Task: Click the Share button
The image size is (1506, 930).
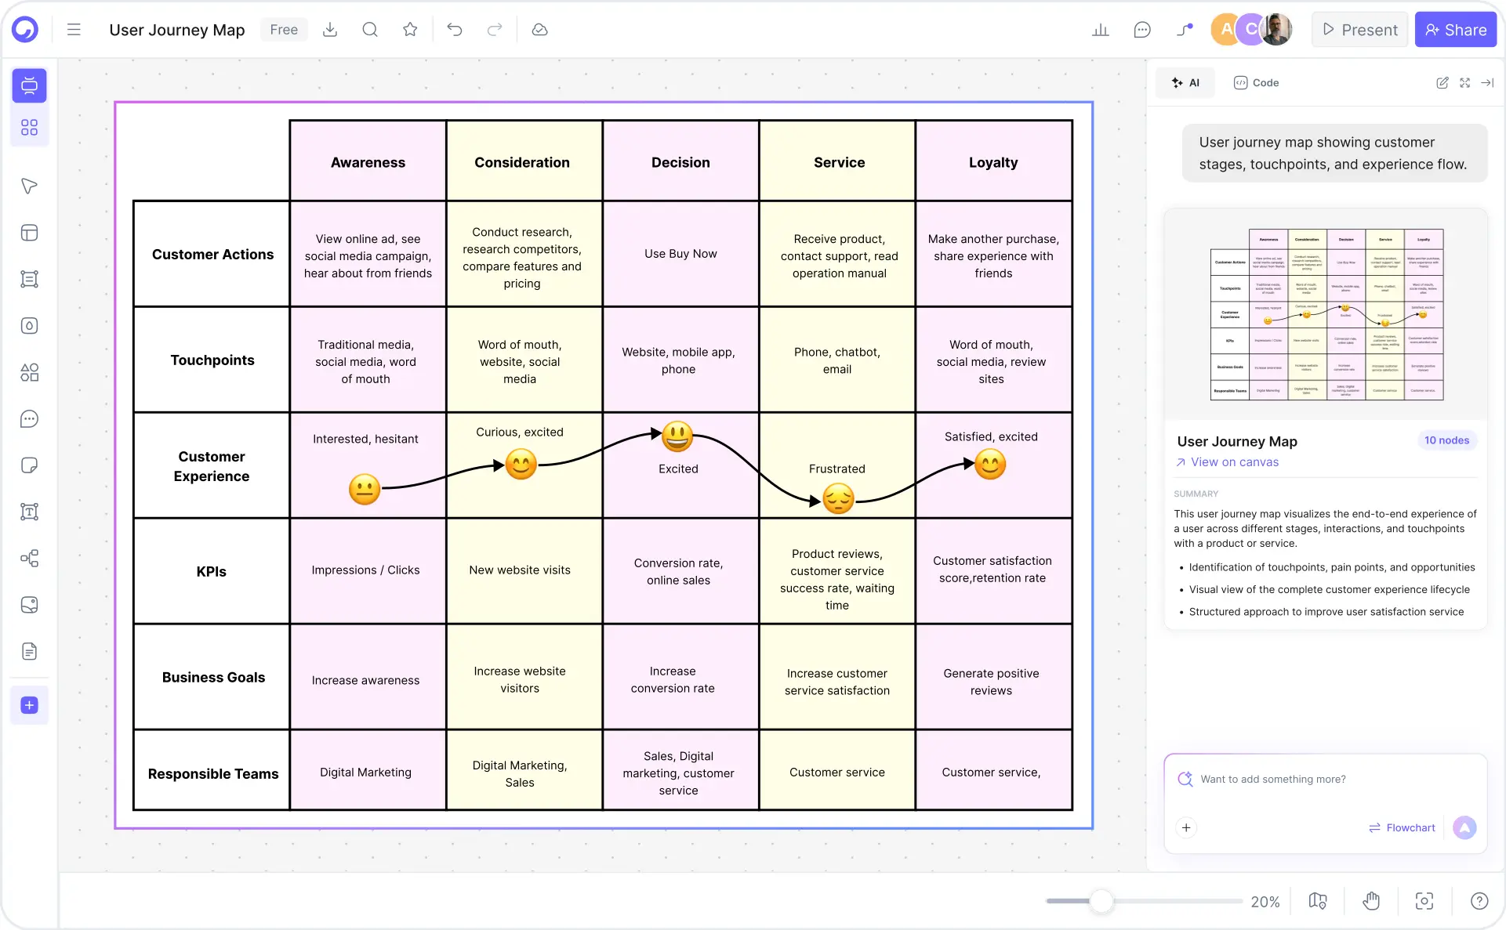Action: pos(1455,30)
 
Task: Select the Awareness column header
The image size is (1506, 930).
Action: pos(368,162)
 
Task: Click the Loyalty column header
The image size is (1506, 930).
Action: pos(993,162)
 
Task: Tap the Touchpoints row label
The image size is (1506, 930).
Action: pos(212,360)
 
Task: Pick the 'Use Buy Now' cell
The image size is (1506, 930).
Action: pos(680,254)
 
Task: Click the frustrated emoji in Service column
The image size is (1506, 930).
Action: pos(838,499)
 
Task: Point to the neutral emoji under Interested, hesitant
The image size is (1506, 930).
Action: pos(365,490)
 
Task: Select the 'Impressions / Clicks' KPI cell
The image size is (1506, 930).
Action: pos(365,570)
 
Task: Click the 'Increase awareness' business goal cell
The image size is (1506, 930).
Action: pos(365,680)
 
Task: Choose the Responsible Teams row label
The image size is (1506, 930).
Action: pos(212,774)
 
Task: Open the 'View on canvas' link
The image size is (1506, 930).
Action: pos(1234,462)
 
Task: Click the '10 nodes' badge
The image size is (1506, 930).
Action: pos(1446,440)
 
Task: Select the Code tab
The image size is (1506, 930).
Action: pos(1257,83)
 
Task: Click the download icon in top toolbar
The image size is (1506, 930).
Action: pos(330,30)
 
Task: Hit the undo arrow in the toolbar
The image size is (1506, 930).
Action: pos(455,30)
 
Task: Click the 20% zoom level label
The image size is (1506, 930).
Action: pos(1265,902)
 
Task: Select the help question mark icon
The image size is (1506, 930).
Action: pos(1479,902)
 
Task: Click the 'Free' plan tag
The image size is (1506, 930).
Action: pos(284,30)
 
